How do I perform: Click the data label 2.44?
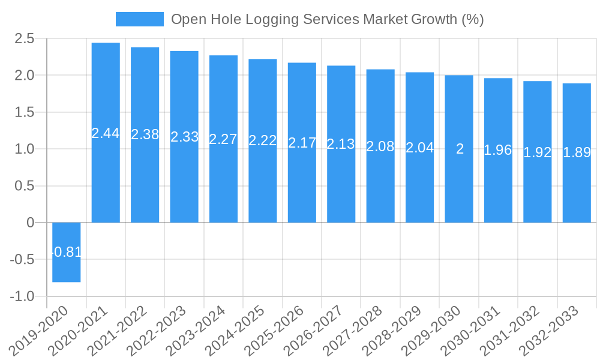tap(106, 133)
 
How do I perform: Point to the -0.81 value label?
tap(67, 252)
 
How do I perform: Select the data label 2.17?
tap(302, 143)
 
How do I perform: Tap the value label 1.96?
tap(498, 150)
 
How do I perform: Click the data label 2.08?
tap(380, 146)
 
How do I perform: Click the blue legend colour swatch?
tap(139, 19)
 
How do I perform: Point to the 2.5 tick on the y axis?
tap(26, 39)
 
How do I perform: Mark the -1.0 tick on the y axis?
tap(22, 296)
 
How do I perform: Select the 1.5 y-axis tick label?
tap(26, 112)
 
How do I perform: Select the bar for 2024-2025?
tap(263, 180)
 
